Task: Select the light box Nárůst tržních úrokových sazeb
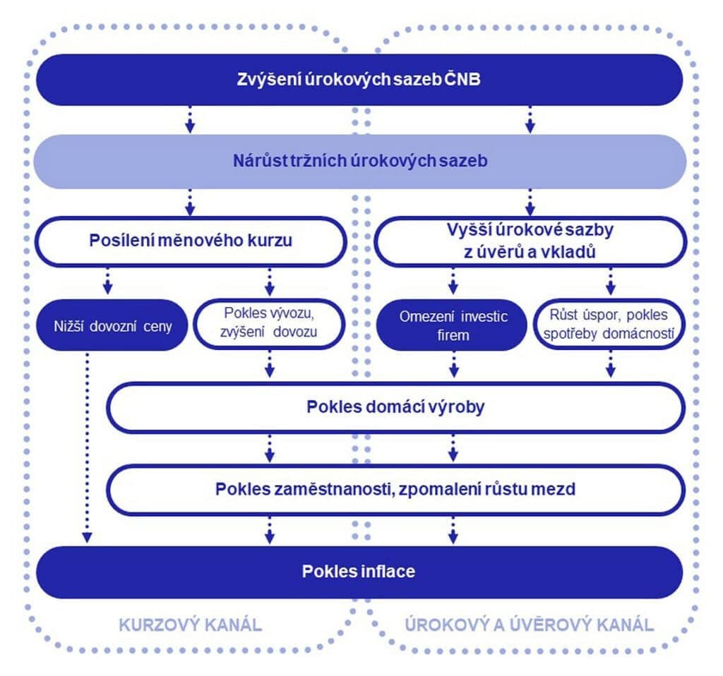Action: [360, 162]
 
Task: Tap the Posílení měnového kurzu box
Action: [191, 240]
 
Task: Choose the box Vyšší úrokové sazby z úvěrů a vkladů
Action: [529, 240]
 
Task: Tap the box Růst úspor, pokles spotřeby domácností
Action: [611, 325]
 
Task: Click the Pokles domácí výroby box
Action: [395, 407]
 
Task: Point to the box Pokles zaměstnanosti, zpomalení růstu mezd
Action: [395, 488]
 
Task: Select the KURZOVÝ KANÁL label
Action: [190, 624]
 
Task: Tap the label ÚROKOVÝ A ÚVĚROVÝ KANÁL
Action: [530, 624]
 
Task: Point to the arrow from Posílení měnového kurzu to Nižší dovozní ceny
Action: [107, 280]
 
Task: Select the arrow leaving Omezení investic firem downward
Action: [453, 364]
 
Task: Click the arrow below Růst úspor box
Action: [611, 364]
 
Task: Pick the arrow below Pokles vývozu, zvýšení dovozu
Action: [269, 364]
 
